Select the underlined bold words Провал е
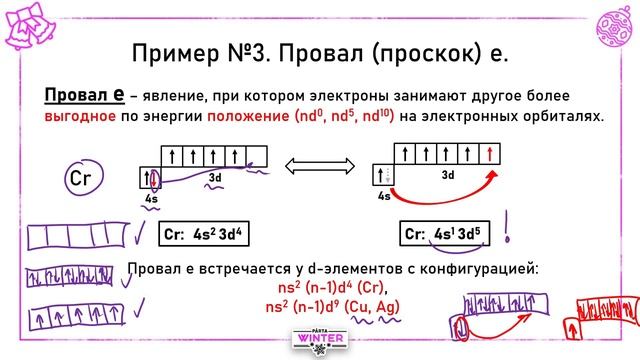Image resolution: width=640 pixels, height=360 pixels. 84,95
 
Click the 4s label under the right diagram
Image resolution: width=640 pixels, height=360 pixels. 384,198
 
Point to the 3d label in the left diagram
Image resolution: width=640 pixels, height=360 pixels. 214,177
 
